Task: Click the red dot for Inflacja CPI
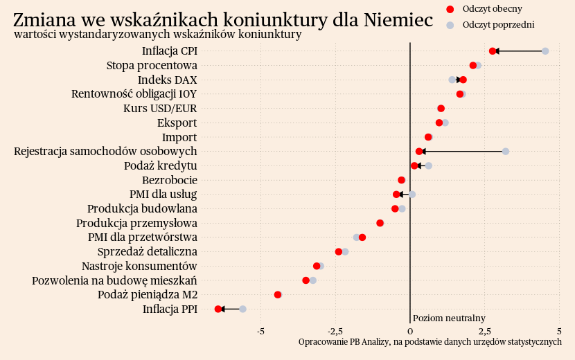493,51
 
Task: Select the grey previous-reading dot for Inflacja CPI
545,51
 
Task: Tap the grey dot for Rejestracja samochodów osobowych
506,152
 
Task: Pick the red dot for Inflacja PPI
218,309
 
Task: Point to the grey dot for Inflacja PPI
242,309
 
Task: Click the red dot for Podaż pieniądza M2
278,295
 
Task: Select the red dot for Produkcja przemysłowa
380,223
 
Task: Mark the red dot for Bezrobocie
401,180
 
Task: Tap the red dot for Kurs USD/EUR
441,109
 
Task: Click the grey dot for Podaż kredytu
429,165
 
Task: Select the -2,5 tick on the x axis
335,331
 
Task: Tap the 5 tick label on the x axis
558,331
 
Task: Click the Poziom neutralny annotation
449,318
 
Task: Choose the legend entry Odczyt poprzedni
498,25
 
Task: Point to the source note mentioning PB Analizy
430,342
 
